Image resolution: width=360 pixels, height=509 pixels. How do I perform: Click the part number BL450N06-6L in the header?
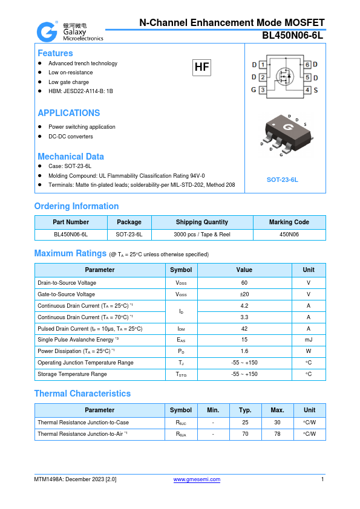[x=293, y=36]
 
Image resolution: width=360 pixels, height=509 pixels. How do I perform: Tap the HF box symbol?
[x=201, y=68]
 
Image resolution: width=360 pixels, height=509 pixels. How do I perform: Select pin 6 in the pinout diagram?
[x=307, y=65]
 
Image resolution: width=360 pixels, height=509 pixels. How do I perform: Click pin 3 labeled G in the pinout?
[x=263, y=90]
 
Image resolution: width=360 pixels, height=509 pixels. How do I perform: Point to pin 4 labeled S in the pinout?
[x=307, y=90]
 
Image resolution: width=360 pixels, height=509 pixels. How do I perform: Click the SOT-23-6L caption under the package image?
[x=283, y=180]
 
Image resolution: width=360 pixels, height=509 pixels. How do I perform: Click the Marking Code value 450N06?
[x=289, y=234]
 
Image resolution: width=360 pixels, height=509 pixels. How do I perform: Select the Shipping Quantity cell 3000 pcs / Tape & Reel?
[x=202, y=234]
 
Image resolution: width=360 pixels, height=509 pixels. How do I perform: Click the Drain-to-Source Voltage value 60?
[x=244, y=282]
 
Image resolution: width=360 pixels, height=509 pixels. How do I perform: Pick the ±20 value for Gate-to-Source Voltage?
[x=244, y=294]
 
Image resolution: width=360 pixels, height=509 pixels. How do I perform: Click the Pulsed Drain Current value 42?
[x=244, y=328]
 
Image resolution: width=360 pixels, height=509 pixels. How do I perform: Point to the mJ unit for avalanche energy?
[x=309, y=340]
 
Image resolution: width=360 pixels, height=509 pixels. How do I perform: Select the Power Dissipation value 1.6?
[x=244, y=351]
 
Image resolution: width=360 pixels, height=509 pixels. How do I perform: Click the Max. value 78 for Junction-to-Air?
[x=277, y=434]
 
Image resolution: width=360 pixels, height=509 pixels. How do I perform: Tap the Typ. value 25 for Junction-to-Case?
[x=245, y=423]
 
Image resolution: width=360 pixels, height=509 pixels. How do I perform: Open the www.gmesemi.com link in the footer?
[x=197, y=479]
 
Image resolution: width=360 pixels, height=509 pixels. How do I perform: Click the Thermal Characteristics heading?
[x=82, y=394]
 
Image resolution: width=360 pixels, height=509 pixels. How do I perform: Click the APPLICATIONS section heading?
[x=69, y=113]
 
